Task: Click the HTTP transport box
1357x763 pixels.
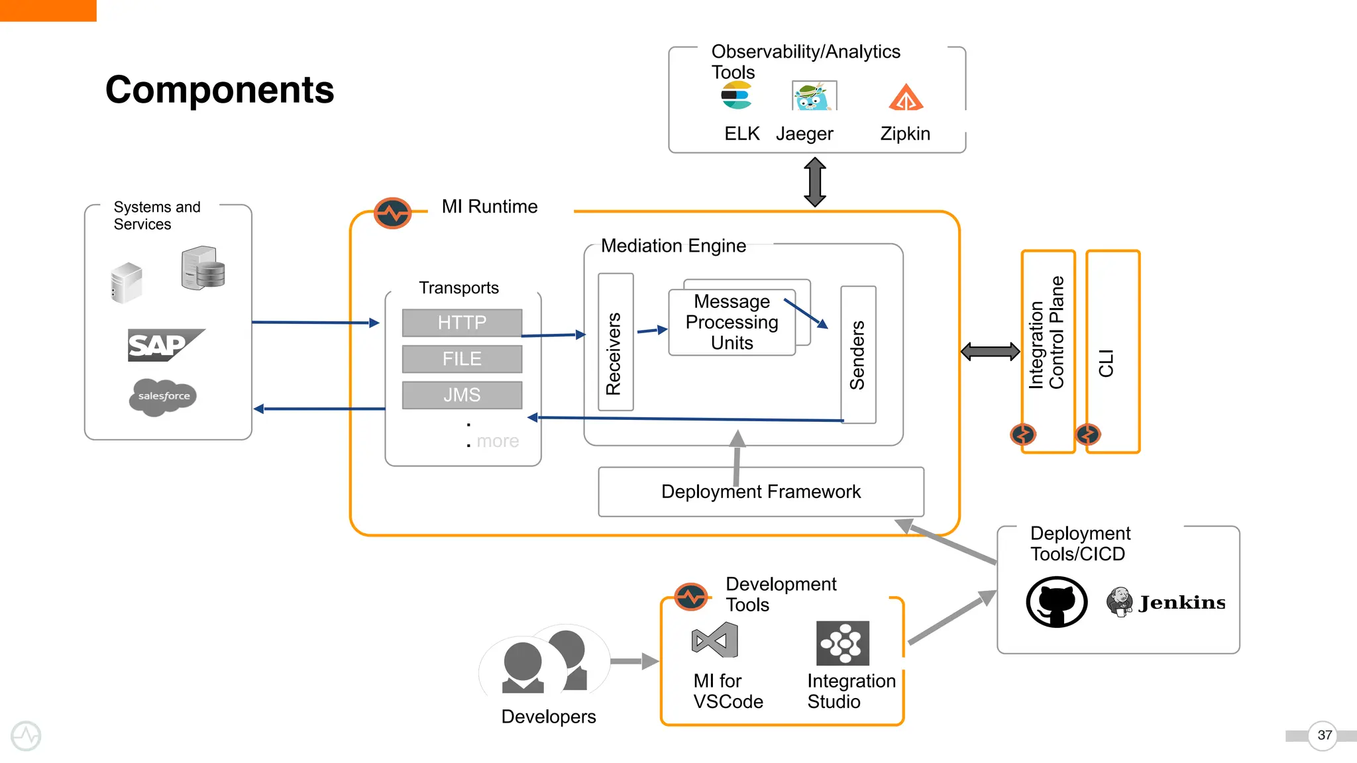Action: [x=462, y=323]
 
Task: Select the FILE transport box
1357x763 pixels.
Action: [x=462, y=359]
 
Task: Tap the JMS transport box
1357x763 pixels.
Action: [x=462, y=395]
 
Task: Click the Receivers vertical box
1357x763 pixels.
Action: [x=615, y=342]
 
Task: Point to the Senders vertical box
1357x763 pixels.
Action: [x=858, y=354]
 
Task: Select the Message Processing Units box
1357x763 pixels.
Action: [x=732, y=323]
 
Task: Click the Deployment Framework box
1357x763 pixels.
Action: [x=761, y=492]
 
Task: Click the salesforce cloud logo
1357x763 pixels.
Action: [x=163, y=397]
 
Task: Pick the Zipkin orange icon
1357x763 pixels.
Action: [x=906, y=98]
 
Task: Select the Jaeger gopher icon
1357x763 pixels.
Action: [x=814, y=97]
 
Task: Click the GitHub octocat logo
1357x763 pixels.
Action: [x=1056, y=602]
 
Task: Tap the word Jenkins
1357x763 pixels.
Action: [x=1182, y=603]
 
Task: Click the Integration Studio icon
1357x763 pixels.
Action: [x=842, y=643]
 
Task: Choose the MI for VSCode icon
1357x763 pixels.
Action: [x=714, y=640]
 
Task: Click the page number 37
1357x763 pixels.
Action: [x=1324, y=735]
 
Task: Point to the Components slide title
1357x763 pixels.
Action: [x=219, y=89]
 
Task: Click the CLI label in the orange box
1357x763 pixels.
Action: [x=1106, y=363]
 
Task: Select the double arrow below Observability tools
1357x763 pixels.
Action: [x=814, y=182]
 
